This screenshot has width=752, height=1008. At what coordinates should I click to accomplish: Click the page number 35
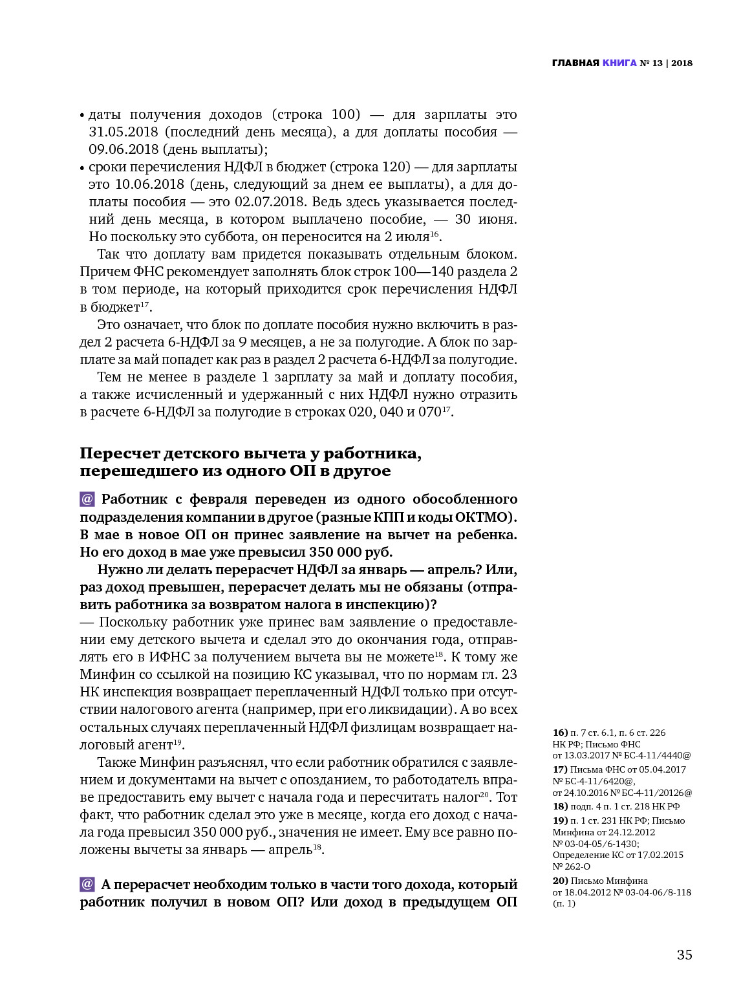684,954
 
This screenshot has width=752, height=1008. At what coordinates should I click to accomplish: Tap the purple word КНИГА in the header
619,63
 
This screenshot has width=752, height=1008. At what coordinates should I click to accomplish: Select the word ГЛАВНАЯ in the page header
575,63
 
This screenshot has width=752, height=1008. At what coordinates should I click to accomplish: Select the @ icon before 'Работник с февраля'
87,499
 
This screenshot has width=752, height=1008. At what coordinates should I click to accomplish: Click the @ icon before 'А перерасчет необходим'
87,884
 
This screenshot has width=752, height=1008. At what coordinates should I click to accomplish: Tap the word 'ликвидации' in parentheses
413,709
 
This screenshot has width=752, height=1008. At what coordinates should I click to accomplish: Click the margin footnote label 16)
560,733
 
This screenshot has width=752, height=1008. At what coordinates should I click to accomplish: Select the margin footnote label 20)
560,881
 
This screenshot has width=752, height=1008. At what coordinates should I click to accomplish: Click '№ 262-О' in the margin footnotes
572,866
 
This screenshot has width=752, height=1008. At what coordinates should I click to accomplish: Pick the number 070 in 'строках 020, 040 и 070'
429,412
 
